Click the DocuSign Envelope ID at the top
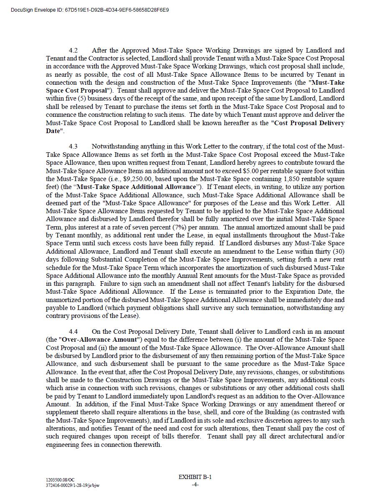pyautogui.click(x=90, y=10)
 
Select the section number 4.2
pyautogui.click(x=73, y=50)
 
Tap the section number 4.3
pyautogui.click(x=73, y=146)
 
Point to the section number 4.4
pyautogui.click(x=73, y=332)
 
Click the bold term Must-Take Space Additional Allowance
pyautogui.click(x=136, y=187)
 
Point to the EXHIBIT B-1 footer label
pyautogui.click(x=195, y=477)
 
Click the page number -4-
pyautogui.click(x=195, y=484)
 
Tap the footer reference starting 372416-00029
pyautogui.click(x=73, y=485)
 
